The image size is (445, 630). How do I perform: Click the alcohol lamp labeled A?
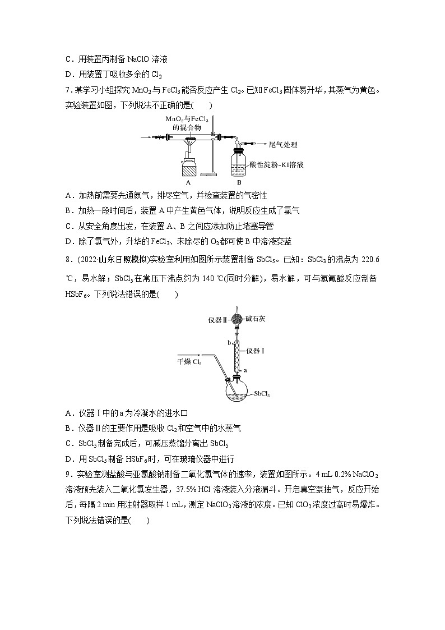[x=189, y=166]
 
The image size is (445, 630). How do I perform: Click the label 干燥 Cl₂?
[x=189, y=362]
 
